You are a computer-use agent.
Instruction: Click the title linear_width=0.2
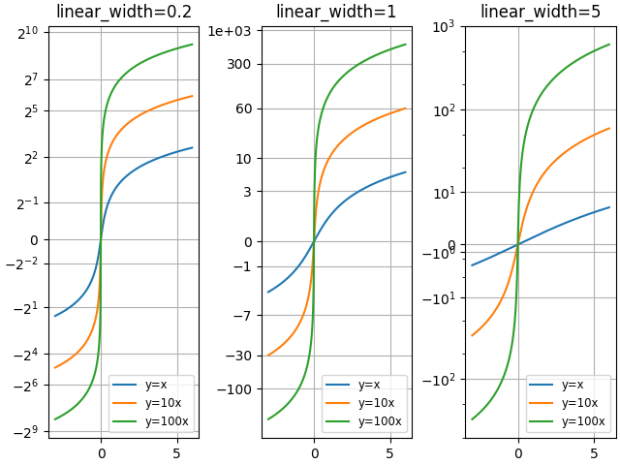pos(123,12)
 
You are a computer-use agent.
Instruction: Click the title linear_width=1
pos(336,12)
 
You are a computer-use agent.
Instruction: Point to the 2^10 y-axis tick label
pos(28,34)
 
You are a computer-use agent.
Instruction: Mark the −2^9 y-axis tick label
pos(26,431)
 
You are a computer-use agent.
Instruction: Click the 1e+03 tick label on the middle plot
pos(230,32)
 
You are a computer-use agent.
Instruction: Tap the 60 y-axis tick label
pos(244,108)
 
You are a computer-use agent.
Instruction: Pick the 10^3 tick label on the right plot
pos(444,26)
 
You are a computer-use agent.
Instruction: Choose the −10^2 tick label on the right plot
pos(439,379)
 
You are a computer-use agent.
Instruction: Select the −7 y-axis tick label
pos(243,316)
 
